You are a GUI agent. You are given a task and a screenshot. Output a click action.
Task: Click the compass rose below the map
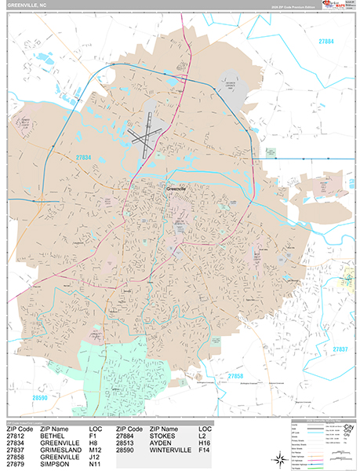tap(258, 450)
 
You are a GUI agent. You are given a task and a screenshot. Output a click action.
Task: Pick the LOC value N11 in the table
tap(96, 464)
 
